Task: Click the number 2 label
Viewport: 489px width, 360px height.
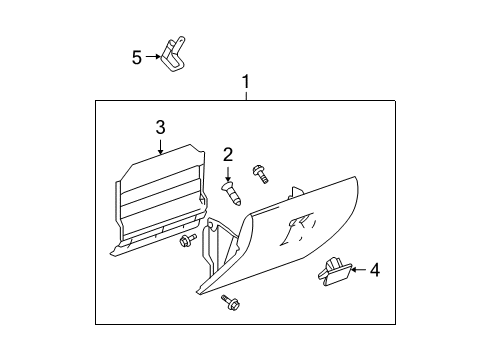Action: click(228, 154)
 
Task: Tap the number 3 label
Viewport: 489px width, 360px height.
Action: click(159, 127)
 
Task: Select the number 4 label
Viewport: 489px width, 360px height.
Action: click(374, 269)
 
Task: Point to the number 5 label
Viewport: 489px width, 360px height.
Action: click(137, 57)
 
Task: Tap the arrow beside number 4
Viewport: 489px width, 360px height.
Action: click(357, 269)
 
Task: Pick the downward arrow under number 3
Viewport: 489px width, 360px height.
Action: click(160, 146)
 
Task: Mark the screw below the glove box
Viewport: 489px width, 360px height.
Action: click(225, 302)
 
